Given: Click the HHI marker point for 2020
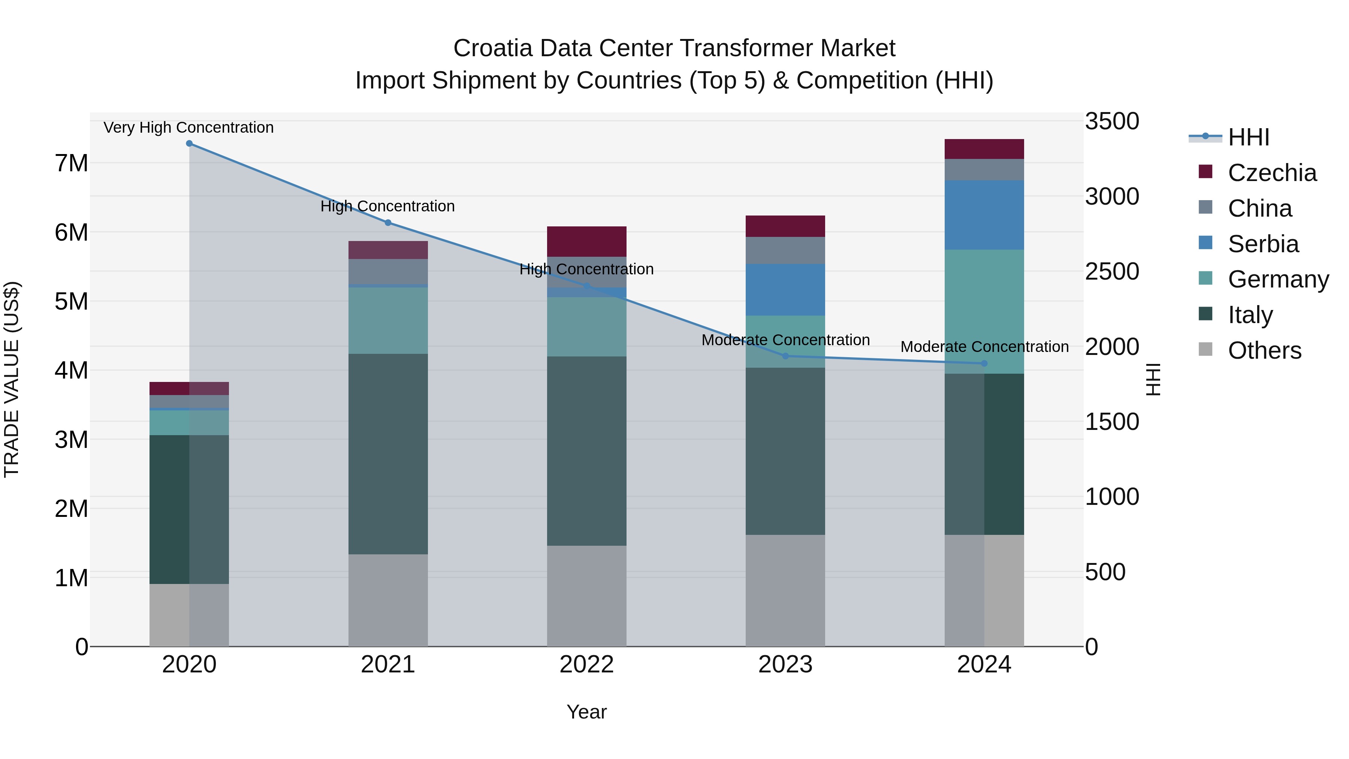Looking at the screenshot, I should tap(189, 144).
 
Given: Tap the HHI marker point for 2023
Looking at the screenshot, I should tap(785, 356).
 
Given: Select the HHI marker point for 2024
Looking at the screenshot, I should tap(984, 364).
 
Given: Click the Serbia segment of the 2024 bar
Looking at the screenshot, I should tap(984, 215).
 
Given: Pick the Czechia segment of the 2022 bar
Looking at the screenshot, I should tap(586, 241).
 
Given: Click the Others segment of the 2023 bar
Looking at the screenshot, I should tap(785, 590).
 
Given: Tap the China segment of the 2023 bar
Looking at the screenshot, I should tap(785, 250).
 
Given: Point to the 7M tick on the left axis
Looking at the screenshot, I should tap(71, 163).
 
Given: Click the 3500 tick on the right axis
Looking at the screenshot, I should tap(1111, 121).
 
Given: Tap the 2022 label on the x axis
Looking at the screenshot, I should tap(586, 665).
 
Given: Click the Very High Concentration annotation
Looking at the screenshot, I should tap(188, 128).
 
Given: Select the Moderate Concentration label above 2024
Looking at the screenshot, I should tap(984, 347).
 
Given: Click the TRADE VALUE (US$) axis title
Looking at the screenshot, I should tap(12, 379).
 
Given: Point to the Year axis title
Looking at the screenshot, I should tap(586, 712).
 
